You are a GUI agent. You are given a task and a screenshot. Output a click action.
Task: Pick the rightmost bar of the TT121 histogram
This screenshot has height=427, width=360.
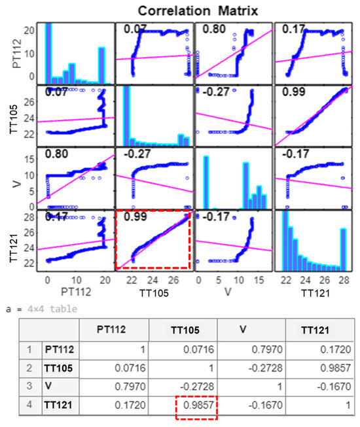(x=343, y=248)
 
